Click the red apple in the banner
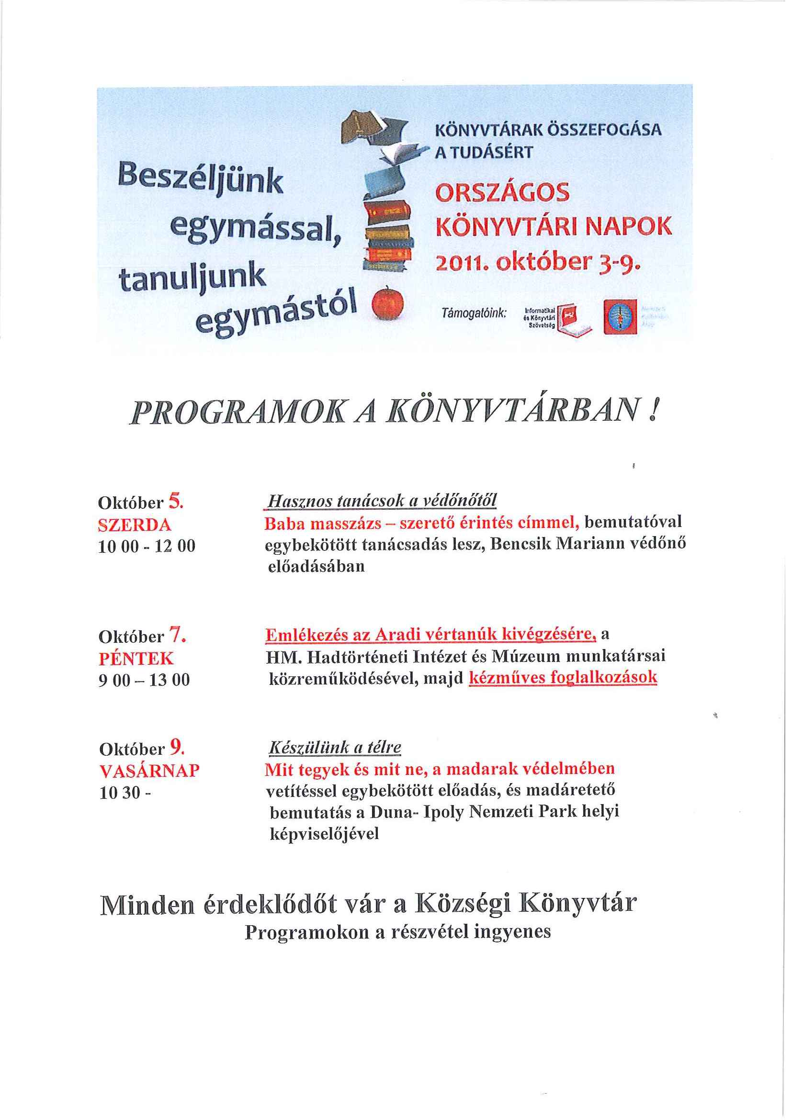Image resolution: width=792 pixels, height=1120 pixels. (388, 303)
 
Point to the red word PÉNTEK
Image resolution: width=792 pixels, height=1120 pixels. (136, 659)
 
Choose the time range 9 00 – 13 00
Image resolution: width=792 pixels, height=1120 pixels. (144, 681)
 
